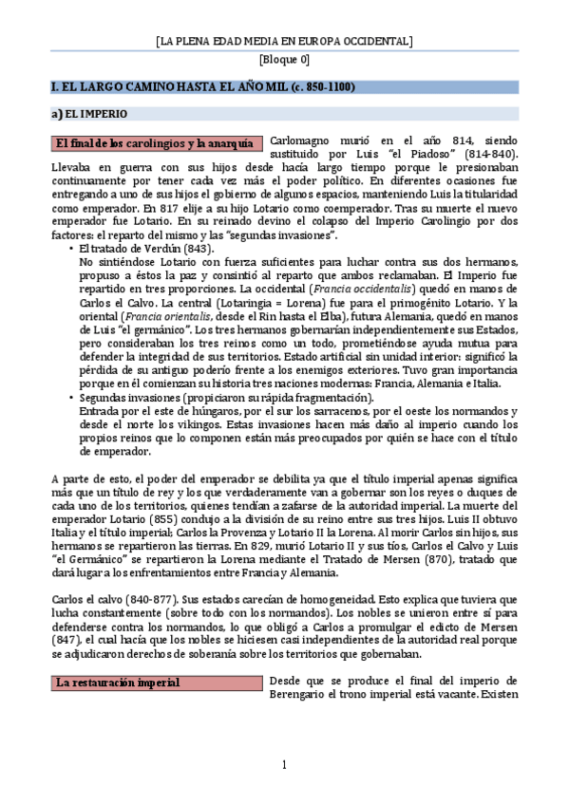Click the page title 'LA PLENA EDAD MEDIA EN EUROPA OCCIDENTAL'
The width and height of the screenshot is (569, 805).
click(x=284, y=42)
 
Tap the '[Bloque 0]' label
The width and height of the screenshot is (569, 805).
click(x=284, y=60)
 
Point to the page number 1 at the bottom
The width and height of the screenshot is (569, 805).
click(x=283, y=765)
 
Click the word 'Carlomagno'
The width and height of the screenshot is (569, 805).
click(x=302, y=138)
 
